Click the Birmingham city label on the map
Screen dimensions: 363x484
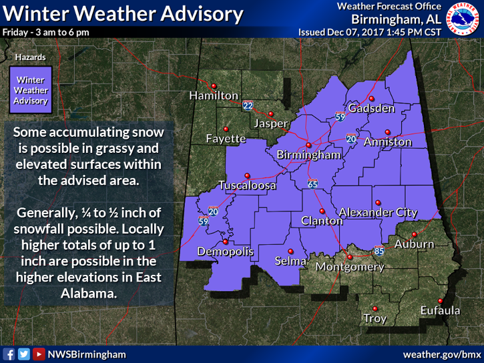[x=308, y=155]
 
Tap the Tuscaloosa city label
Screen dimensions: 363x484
[x=247, y=186]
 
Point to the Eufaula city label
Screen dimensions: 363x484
[x=440, y=310]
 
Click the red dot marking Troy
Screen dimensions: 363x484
[x=375, y=308]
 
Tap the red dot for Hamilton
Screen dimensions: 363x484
[x=214, y=85]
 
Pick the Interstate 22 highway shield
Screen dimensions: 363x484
[x=248, y=105]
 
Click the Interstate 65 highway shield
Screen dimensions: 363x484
[x=312, y=183]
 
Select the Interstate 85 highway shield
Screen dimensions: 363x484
[x=379, y=252]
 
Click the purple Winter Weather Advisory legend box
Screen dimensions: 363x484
[x=31, y=91]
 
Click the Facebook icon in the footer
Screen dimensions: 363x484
[x=9, y=354]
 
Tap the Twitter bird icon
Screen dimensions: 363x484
[x=24, y=354]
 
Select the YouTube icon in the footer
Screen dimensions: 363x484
[x=39, y=354]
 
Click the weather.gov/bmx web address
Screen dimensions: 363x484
[x=442, y=354]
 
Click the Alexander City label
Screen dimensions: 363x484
[x=379, y=212]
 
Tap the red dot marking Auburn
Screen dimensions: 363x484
[x=414, y=234]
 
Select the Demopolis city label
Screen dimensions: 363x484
[x=225, y=252]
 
